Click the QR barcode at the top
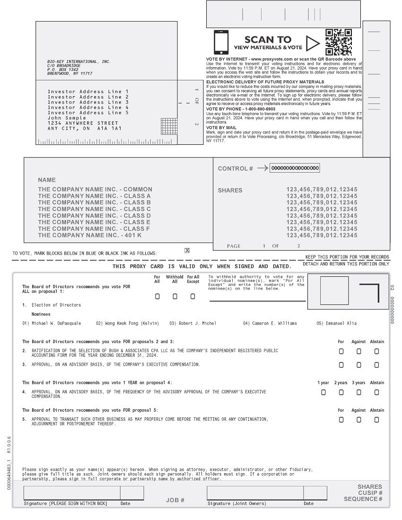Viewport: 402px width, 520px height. tap(339, 42)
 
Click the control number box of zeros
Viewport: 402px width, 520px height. tap(295, 168)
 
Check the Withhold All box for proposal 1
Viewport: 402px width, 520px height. tap(175, 297)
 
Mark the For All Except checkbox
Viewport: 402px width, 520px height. tap(192, 297)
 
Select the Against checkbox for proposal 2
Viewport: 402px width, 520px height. tap(359, 352)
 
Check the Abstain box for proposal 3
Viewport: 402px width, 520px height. tap(376, 365)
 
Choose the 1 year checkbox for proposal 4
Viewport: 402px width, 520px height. tap(323, 392)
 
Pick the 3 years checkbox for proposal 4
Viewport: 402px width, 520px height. tap(359, 392)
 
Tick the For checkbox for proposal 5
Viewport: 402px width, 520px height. tap(341, 420)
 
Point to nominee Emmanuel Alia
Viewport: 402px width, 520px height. tap(336, 324)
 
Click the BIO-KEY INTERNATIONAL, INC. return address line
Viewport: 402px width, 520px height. tap(79, 62)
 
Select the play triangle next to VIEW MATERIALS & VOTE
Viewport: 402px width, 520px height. tap(312, 44)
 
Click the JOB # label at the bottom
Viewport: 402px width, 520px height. tap(175, 500)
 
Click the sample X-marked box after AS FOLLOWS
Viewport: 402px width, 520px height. tap(187, 251)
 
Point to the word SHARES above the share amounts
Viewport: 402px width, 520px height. tap(230, 190)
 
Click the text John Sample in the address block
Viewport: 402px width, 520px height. tap(67, 118)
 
